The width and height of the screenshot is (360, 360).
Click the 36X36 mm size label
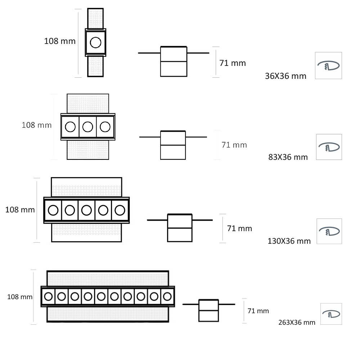285,76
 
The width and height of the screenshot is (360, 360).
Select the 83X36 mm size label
288,157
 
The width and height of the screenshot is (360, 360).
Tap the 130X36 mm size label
289,241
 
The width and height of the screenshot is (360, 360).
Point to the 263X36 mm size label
297,322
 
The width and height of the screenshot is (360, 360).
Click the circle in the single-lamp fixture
95,42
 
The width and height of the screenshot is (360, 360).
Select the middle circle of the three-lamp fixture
88,127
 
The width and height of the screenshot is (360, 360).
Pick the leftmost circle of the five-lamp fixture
53,210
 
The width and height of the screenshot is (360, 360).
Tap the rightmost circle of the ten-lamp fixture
167,297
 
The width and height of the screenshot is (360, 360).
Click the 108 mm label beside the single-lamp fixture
60,41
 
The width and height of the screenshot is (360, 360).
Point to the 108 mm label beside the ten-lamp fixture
20,297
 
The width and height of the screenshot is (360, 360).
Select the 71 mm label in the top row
233,63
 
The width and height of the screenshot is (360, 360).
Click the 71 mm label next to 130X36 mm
239,229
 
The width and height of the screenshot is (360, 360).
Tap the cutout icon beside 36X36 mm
328,66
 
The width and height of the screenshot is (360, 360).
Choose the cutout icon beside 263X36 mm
331,314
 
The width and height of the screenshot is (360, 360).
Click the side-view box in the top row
174,62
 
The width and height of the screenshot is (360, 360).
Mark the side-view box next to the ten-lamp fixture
208,310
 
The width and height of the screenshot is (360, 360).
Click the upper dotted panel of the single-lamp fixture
95,19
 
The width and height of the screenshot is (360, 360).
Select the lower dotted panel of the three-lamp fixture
88,150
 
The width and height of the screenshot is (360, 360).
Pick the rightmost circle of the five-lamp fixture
120,210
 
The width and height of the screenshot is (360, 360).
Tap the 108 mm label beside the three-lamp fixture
36,125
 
